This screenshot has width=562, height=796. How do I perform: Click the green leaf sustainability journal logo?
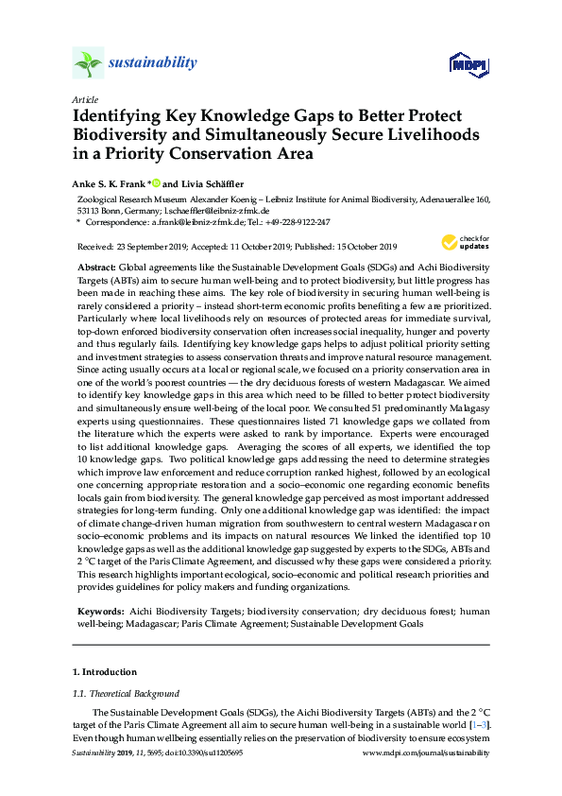point(88,63)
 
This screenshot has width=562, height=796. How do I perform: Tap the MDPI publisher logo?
point(468,64)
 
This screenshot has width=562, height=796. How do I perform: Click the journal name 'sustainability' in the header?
point(154,63)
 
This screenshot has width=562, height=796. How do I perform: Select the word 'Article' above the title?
point(84,99)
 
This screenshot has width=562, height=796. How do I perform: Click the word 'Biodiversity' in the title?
point(126,135)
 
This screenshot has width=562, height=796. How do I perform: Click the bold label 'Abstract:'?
point(96,269)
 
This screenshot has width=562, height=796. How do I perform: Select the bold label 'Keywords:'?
point(99,587)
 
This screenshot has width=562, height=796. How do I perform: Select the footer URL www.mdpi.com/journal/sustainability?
point(426,753)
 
